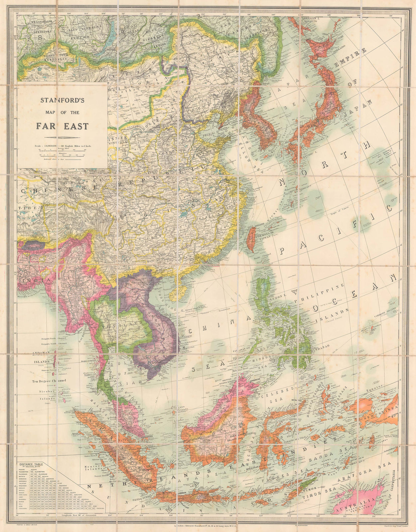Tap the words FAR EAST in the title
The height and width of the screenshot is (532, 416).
pyautogui.click(x=62, y=126)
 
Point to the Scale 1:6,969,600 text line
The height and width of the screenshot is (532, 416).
pyautogui.click(x=62, y=146)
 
